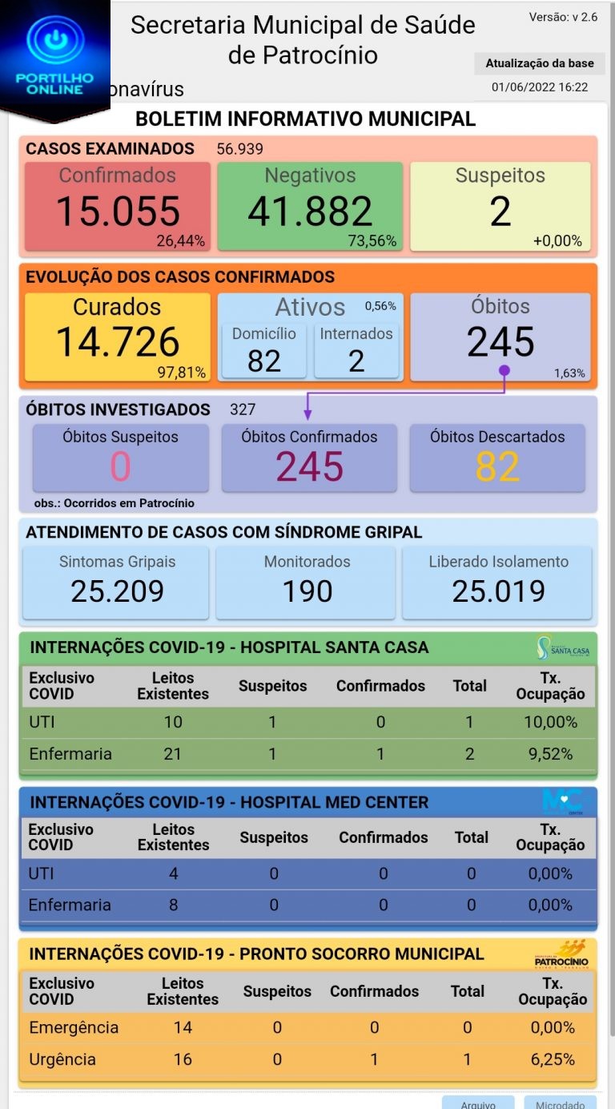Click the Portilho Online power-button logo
click(x=55, y=42)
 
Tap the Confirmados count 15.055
click(x=118, y=212)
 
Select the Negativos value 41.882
click(x=310, y=212)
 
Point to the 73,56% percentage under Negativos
click(x=372, y=241)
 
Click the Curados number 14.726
click(x=118, y=342)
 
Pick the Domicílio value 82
click(x=263, y=361)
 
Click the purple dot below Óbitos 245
click(x=504, y=371)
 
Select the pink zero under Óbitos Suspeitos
click(x=120, y=467)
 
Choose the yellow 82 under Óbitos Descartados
click(x=497, y=467)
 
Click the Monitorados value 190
click(x=307, y=591)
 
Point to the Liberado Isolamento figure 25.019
click(x=498, y=591)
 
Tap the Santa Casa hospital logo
click(x=563, y=647)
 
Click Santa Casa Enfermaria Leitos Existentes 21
click(x=172, y=754)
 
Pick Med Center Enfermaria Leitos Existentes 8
click(x=174, y=905)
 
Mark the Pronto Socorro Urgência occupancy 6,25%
click(x=553, y=1059)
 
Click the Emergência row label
click(x=74, y=1027)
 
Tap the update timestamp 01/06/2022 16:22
click(x=540, y=87)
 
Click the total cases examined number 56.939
click(x=239, y=149)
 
